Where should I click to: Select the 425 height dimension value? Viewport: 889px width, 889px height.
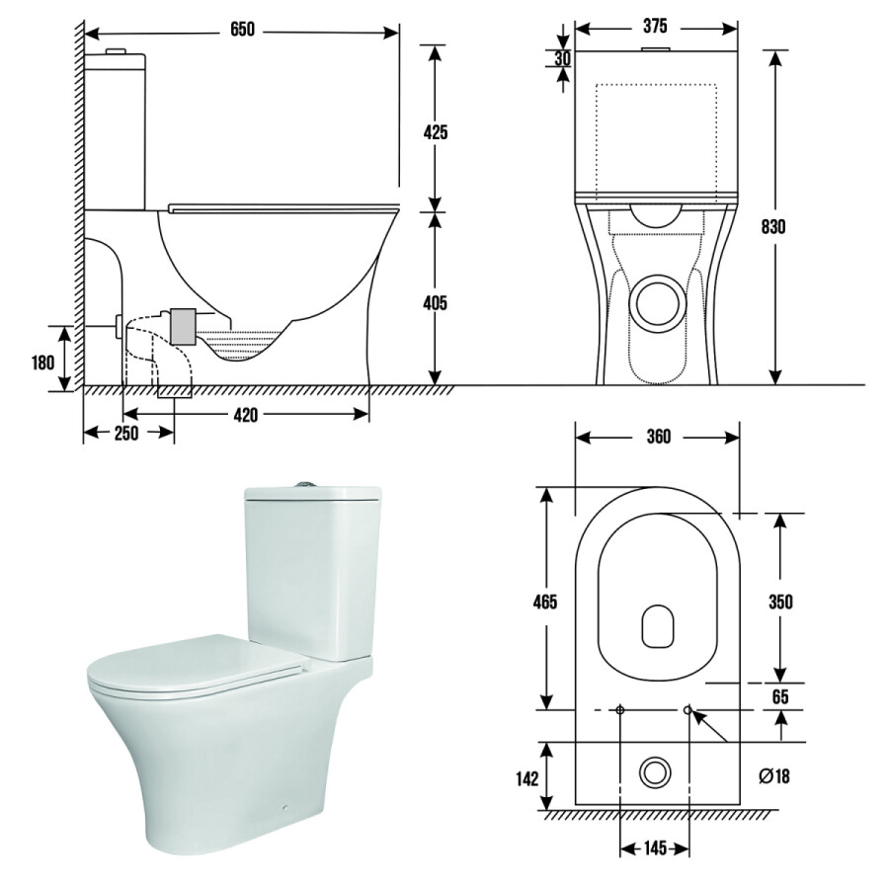tap(436, 132)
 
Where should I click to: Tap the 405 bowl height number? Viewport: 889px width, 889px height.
tap(435, 303)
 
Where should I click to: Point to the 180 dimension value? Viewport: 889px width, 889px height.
tap(43, 363)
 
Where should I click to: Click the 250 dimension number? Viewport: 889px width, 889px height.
tap(126, 434)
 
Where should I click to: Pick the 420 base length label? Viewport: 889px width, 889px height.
tap(246, 415)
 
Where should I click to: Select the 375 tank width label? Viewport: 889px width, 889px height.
tap(655, 26)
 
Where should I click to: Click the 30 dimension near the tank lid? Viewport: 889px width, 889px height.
tap(562, 58)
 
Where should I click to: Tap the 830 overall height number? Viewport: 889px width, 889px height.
tap(772, 227)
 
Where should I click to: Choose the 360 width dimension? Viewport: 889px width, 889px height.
tap(658, 437)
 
